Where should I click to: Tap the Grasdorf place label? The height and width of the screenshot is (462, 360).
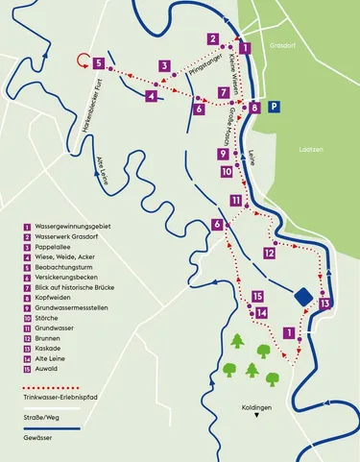[285, 44]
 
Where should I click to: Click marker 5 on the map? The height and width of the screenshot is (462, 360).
[99, 62]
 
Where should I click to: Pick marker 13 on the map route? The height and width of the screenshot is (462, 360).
[325, 304]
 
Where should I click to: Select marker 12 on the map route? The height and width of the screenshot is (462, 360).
[270, 253]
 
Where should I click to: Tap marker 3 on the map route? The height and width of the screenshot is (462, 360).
[165, 66]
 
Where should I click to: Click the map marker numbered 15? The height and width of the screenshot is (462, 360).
[257, 297]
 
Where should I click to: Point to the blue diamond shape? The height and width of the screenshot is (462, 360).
[303, 297]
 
